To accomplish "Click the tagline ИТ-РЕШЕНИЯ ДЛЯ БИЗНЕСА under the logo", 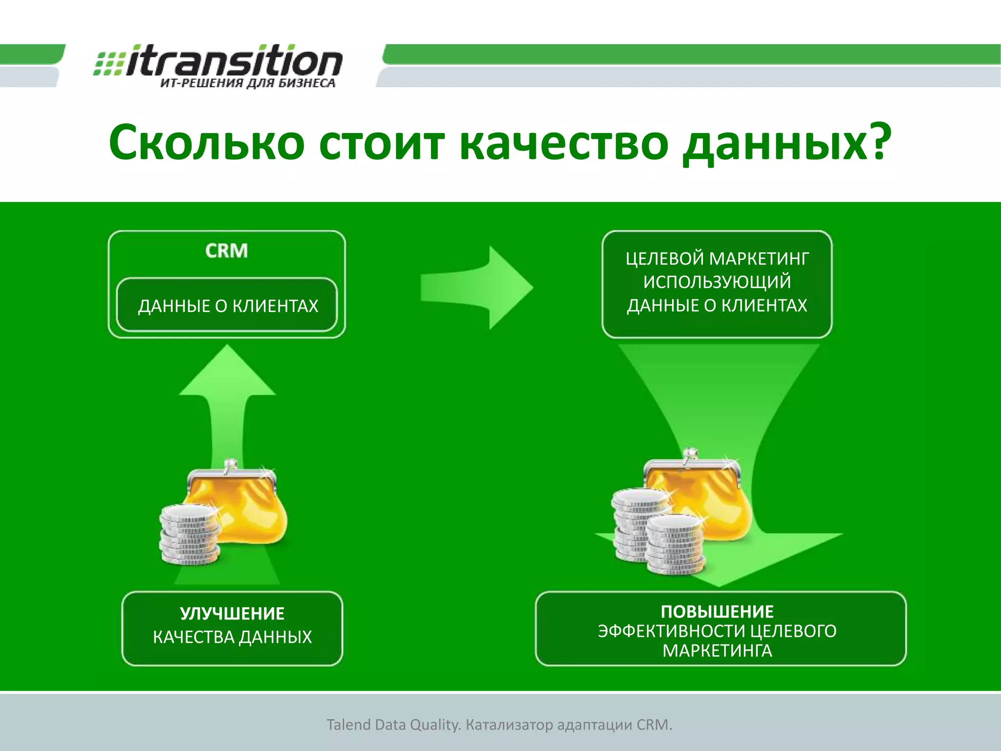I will (x=248, y=83).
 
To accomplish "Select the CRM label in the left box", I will (x=226, y=251).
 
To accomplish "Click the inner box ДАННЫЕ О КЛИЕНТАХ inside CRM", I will (x=227, y=306).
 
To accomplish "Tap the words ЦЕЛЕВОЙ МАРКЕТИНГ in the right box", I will (x=717, y=259).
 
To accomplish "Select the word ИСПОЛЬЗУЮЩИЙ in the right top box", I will (x=717, y=282).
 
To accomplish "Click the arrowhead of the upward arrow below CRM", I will (x=227, y=372).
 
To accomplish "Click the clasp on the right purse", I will (x=690, y=455).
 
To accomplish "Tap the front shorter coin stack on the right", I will (x=676, y=545).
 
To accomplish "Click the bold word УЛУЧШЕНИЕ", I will (x=232, y=614).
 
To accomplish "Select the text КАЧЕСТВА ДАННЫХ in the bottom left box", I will (x=232, y=637).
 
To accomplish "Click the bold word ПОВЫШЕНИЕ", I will (x=717, y=612).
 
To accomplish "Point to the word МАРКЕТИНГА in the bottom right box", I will (x=717, y=651).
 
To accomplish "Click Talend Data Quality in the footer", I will (x=393, y=725).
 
